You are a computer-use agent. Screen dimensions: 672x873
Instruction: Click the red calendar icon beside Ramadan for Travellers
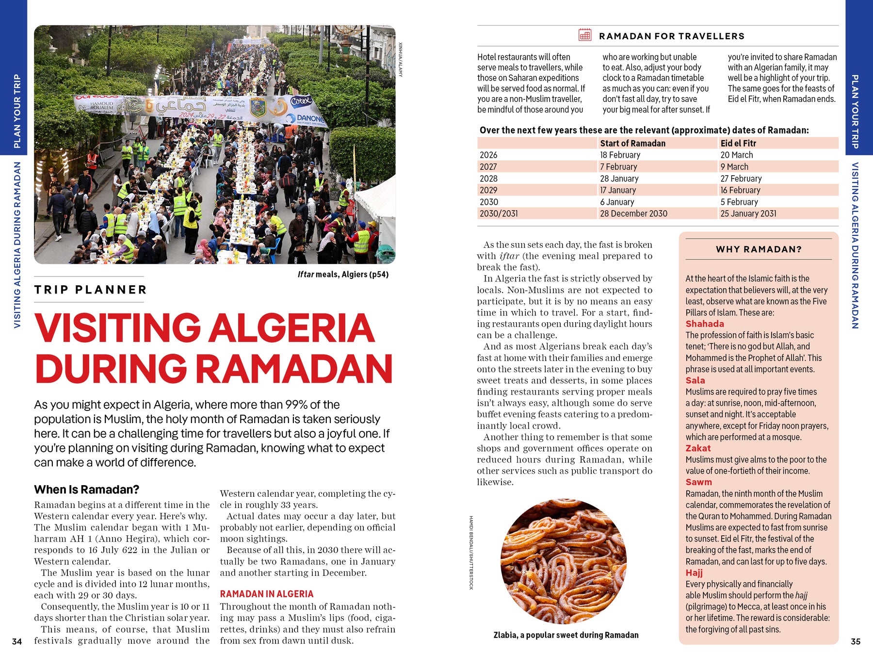[584, 35]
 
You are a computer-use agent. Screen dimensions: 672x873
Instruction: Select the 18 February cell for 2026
[620, 155]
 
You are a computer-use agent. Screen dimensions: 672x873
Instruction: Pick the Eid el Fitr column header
[738, 143]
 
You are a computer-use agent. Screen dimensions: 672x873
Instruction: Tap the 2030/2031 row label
[499, 213]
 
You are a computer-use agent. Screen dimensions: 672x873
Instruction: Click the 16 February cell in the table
[740, 190]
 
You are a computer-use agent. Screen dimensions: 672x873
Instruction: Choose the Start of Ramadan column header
[632, 143]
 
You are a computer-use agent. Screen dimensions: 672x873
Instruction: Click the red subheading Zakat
[698, 448]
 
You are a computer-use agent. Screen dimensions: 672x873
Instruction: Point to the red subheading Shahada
[704, 324]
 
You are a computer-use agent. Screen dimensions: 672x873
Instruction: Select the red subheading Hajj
[694, 573]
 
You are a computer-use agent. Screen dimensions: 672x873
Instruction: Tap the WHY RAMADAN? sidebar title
[759, 249]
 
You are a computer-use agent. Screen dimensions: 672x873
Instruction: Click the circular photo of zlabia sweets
[564, 561]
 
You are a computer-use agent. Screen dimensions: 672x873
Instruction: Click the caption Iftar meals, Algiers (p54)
[343, 275]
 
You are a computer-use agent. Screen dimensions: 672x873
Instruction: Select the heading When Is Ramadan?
[86, 489]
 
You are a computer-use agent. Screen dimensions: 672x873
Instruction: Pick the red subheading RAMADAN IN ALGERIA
[266, 594]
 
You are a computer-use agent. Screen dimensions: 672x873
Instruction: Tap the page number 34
[17, 641]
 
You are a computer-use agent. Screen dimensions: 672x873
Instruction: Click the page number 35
[856, 641]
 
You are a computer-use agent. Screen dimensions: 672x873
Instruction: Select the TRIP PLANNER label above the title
[91, 290]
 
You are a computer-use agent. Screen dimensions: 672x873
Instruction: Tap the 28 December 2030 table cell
[633, 213]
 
